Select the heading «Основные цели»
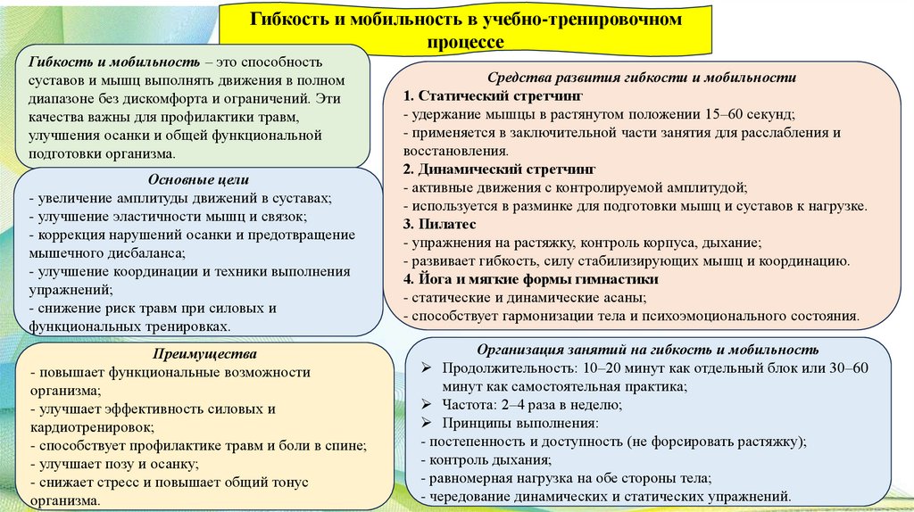coord(197,180)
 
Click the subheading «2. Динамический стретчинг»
coord(499,169)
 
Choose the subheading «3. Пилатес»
coord(440,224)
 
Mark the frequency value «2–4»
coord(511,404)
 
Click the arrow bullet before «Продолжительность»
coord(428,367)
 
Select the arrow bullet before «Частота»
coord(428,404)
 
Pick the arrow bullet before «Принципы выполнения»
coord(428,423)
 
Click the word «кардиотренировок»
coord(87,427)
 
